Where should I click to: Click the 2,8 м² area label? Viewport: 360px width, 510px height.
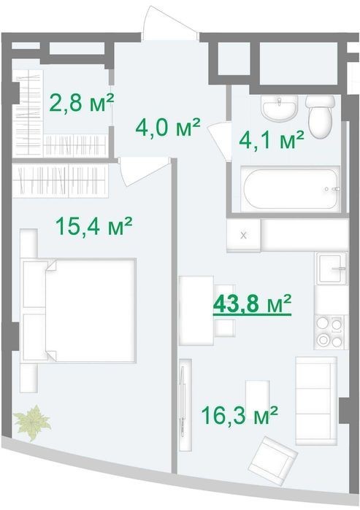[x=81, y=102]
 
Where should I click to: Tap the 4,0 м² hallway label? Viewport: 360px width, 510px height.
[x=168, y=127]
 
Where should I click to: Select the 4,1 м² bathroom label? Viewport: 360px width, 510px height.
[x=272, y=140]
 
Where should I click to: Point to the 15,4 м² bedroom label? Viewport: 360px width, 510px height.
[x=93, y=225]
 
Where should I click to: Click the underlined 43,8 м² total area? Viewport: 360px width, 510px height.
[x=252, y=304]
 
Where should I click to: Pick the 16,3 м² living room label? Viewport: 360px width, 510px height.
[x=240, y=415]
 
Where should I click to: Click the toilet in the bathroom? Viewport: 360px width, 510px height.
[x=321, y=117]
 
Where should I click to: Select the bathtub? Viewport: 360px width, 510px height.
[x=291, y=188]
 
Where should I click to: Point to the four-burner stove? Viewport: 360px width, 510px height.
[x=331, y=332]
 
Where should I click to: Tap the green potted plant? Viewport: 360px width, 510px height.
[x=32, y=422]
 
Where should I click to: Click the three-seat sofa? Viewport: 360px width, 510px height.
[x=316, y=401]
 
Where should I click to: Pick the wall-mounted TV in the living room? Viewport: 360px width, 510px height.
[x=185, y=405]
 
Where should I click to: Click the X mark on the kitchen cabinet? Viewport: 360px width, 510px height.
[x=243, y=235]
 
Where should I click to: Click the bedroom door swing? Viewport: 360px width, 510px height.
[x=145, y=171]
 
